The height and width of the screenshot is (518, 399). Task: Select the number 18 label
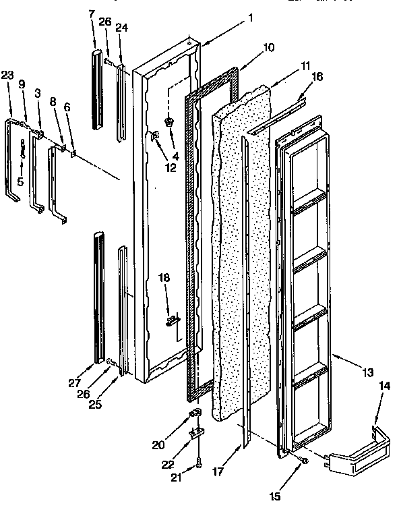[x=164, y=277]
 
